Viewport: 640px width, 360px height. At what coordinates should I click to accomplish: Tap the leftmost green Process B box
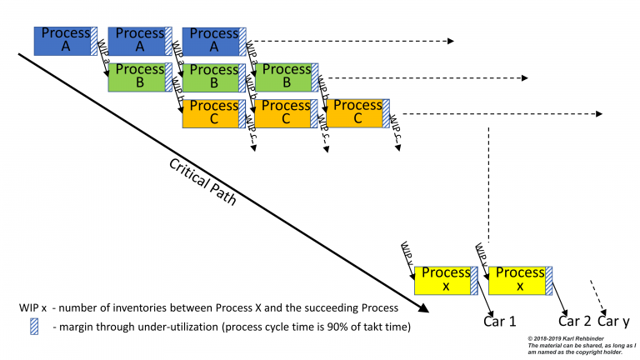(x=137, y=77)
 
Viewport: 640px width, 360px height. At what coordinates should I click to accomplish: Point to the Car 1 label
(x=500, y=321)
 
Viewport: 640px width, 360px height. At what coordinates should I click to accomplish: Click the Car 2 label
(x=574, y=321)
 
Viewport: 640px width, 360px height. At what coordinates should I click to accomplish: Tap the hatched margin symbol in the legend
(x=34, y=326)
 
